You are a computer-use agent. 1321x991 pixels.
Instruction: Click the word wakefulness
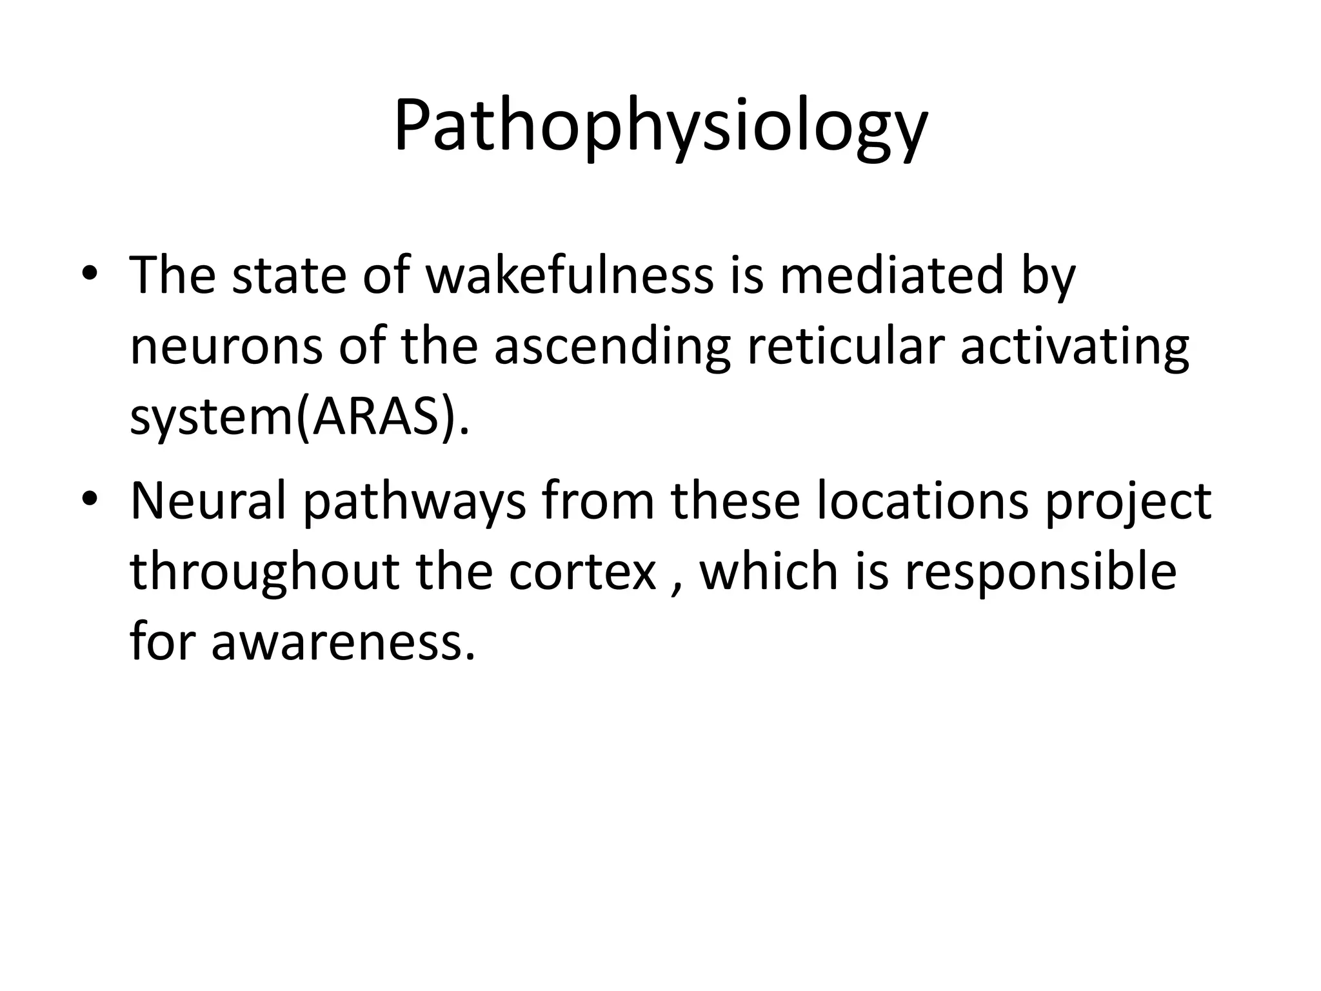[570, 275]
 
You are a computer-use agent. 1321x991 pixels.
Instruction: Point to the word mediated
[891, 275]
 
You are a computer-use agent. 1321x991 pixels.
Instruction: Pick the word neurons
[226, 346]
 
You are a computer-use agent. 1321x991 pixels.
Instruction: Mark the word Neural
[208, 501]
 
